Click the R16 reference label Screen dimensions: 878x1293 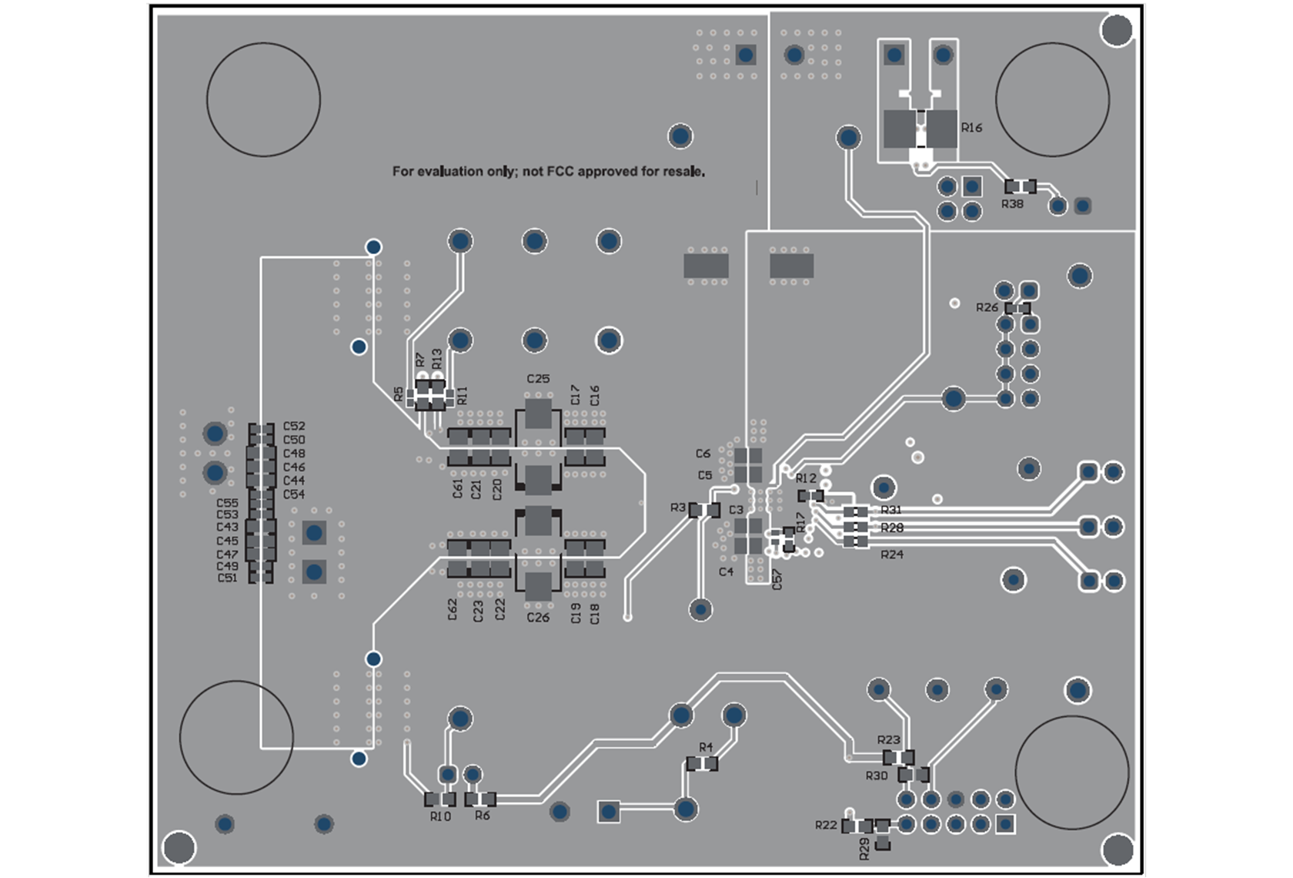coord(971,128)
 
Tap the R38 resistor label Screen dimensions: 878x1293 coord(1012,204)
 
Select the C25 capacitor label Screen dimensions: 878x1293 coord(538,379)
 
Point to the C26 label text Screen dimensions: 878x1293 coord(538,618)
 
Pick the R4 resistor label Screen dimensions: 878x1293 coord(706,747)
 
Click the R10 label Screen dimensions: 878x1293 coord(440,816)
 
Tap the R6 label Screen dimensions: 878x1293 coord(483,816)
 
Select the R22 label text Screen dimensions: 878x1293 coord(826,825)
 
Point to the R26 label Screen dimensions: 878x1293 coord(987,307)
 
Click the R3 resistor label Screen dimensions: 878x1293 coord(677,508)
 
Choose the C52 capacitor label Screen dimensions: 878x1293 coord(294,426)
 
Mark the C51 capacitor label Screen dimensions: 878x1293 coord(227,578)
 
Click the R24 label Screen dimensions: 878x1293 coord(892,555)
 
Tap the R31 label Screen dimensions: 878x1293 coord(891,510)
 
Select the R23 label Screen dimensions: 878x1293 coord(888,740)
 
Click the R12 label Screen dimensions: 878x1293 coord(806,478)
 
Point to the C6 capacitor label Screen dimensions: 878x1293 coord(703,454)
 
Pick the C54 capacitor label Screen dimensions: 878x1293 coord(294,494)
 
